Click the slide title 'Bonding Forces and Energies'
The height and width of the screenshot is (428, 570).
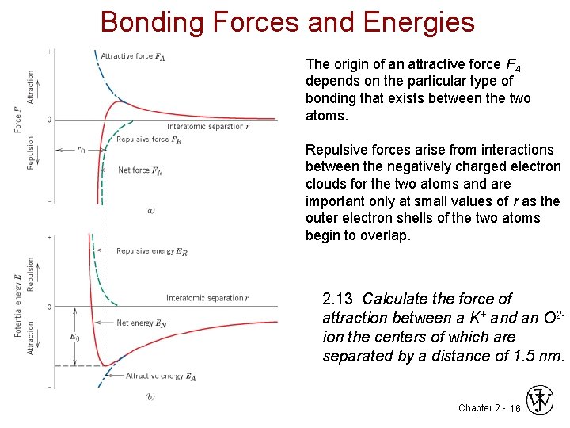point(287,21)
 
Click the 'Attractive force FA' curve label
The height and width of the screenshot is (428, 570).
point(133,56)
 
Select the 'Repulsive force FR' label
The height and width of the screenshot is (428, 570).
point(149,140)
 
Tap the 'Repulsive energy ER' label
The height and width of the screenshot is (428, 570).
point(152,251)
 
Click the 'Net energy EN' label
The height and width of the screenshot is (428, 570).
point(142,323)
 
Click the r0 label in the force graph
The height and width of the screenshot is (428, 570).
point(81,149)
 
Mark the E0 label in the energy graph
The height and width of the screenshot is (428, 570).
point(74,336)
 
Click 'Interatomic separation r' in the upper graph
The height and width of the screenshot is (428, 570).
point(208,127)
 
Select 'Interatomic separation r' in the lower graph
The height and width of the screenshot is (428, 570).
point(207,298)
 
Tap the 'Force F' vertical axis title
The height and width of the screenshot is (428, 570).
point(18,119)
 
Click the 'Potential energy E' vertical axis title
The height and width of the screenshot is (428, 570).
point(18,305)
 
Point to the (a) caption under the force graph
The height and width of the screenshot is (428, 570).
point(150,210)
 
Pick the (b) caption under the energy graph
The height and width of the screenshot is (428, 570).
point(150,396)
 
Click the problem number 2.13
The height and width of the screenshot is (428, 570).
point(339,299)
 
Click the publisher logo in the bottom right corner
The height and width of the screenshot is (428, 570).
point(541,400)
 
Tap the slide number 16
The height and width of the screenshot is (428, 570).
point(515,408)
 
